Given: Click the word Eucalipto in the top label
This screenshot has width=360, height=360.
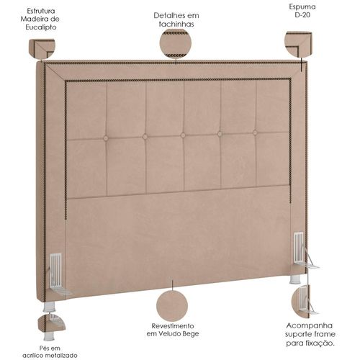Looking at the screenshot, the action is pyautogui.click(x=41, y=27).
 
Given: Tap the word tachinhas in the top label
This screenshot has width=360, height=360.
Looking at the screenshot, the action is pyautogui.click(x=176, y=24).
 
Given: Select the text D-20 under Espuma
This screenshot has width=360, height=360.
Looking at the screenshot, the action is pyautogui.click(x=302, y=15).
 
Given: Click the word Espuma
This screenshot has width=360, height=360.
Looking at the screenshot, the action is pyautogui.click(x=302, y=6).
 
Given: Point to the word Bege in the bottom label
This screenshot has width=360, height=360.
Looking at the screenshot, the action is pyautogui.click(x=191, y=334).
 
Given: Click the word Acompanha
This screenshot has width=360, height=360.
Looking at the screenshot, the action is pyautogui.click(x=310, y=325).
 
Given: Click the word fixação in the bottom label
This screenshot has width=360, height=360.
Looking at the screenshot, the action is pyautogui.click(x=320, y=343).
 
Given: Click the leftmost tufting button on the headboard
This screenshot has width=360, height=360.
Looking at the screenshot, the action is pyautogui.click(x=106, y=138).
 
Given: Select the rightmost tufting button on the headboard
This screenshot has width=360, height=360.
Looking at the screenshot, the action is pyautogui.click(x=255, y=132).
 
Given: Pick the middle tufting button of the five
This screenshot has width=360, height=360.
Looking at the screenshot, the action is pyautogui.click(x=183, y=135).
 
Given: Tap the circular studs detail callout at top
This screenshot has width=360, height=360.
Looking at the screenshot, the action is pyautogui.click(x=176, y=44).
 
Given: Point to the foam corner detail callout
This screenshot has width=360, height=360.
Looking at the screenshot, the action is pyautogui.click(x=298, y=44).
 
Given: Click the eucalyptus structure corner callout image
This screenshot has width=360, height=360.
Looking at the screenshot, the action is pyautogui.click(x=42, y=49).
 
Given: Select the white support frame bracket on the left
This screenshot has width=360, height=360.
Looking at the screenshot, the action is pyautogui.click(x=58, y=274).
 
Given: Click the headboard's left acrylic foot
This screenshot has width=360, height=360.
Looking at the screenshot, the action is pyautogui.click(x=49, y=307).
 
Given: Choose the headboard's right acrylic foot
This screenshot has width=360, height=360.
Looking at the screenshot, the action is pyautogui.click(x=295, y=279).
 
